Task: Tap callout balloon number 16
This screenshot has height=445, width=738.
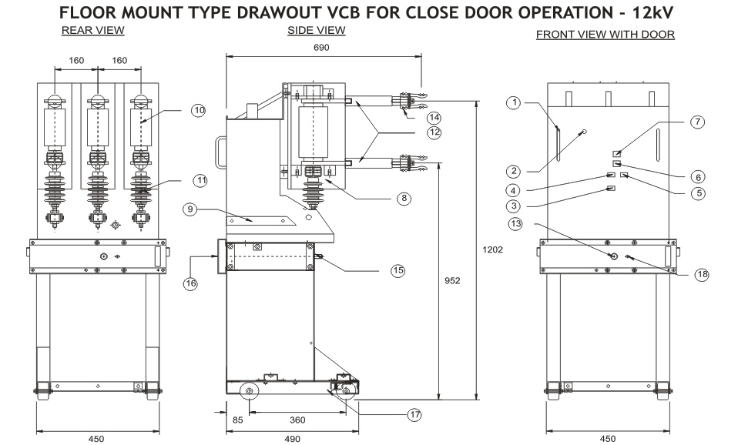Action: point(190,283)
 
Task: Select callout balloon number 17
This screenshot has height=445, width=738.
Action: point(415,414)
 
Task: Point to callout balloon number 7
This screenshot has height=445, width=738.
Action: point(696,121)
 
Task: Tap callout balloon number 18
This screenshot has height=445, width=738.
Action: point(702,275)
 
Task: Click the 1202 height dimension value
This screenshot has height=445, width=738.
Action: point(493,249)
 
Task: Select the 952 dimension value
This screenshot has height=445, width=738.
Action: point(452,281)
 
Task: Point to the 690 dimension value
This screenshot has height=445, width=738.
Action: point(322,48)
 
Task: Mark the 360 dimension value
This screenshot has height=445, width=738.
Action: point(297,420)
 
